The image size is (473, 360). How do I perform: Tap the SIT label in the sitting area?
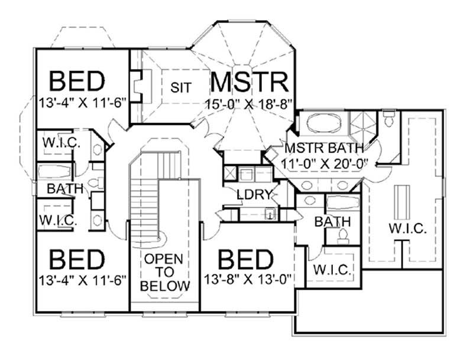tap(181, 87)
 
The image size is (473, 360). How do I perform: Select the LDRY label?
tap(254, 194)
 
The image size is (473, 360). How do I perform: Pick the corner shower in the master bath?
tap(362, 124)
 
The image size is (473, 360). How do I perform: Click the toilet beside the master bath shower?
tap(389, 121)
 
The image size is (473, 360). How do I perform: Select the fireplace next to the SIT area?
tap(138, 87)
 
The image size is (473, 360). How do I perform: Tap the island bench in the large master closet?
tap(402, 202)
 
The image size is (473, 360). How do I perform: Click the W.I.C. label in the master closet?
tap(408, 228)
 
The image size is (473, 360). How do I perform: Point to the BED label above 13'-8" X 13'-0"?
tap(245, 259)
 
